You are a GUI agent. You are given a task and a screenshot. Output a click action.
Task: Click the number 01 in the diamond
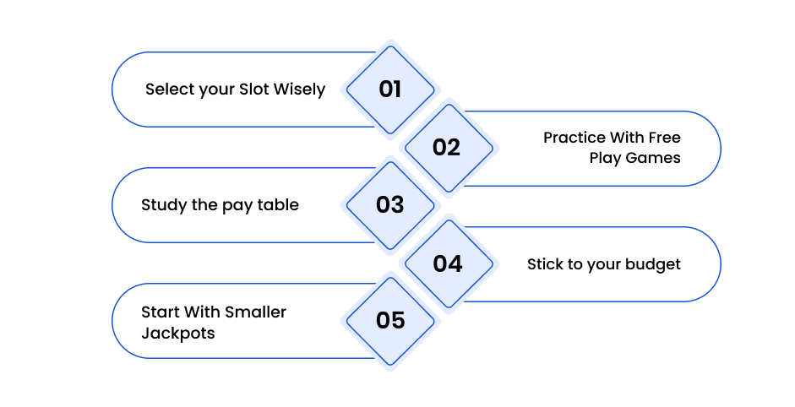[389, 90]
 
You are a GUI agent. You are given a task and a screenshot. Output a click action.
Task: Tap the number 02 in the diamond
[446, 148]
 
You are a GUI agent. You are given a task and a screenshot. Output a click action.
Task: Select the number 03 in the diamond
[389, 205]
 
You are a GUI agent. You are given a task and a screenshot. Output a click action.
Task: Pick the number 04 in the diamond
[447, 263]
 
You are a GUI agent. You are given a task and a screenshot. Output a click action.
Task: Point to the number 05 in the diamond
[390, 320]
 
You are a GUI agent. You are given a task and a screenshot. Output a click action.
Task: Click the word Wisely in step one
[299, 90]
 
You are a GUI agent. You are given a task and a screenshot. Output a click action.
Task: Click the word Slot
[254, 90]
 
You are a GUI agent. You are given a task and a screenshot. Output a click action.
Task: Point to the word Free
[665, 138]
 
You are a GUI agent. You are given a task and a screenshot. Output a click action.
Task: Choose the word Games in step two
[653, 158]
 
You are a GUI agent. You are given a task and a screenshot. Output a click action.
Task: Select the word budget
[653, 265]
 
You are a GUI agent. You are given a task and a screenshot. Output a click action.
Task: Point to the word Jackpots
[178, 334]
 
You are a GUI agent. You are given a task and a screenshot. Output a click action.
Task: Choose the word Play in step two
[606, 159]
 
